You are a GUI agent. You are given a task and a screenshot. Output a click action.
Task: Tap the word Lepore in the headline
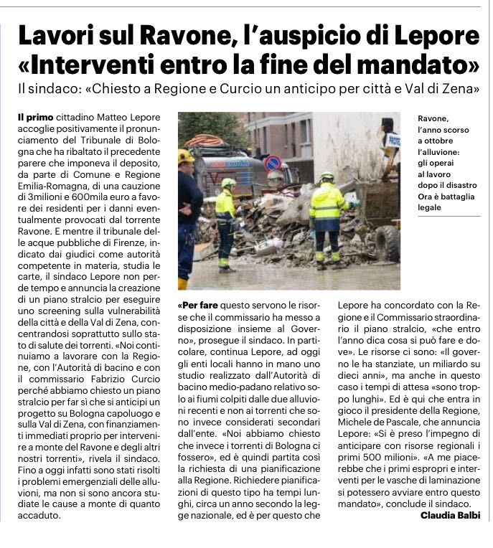tap(431, 37)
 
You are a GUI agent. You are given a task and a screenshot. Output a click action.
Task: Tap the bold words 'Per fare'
tap(196, 304)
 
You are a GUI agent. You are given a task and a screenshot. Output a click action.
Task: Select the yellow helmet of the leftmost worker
tap(186, 156)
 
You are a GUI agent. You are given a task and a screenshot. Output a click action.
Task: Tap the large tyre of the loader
tap(388, 244)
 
